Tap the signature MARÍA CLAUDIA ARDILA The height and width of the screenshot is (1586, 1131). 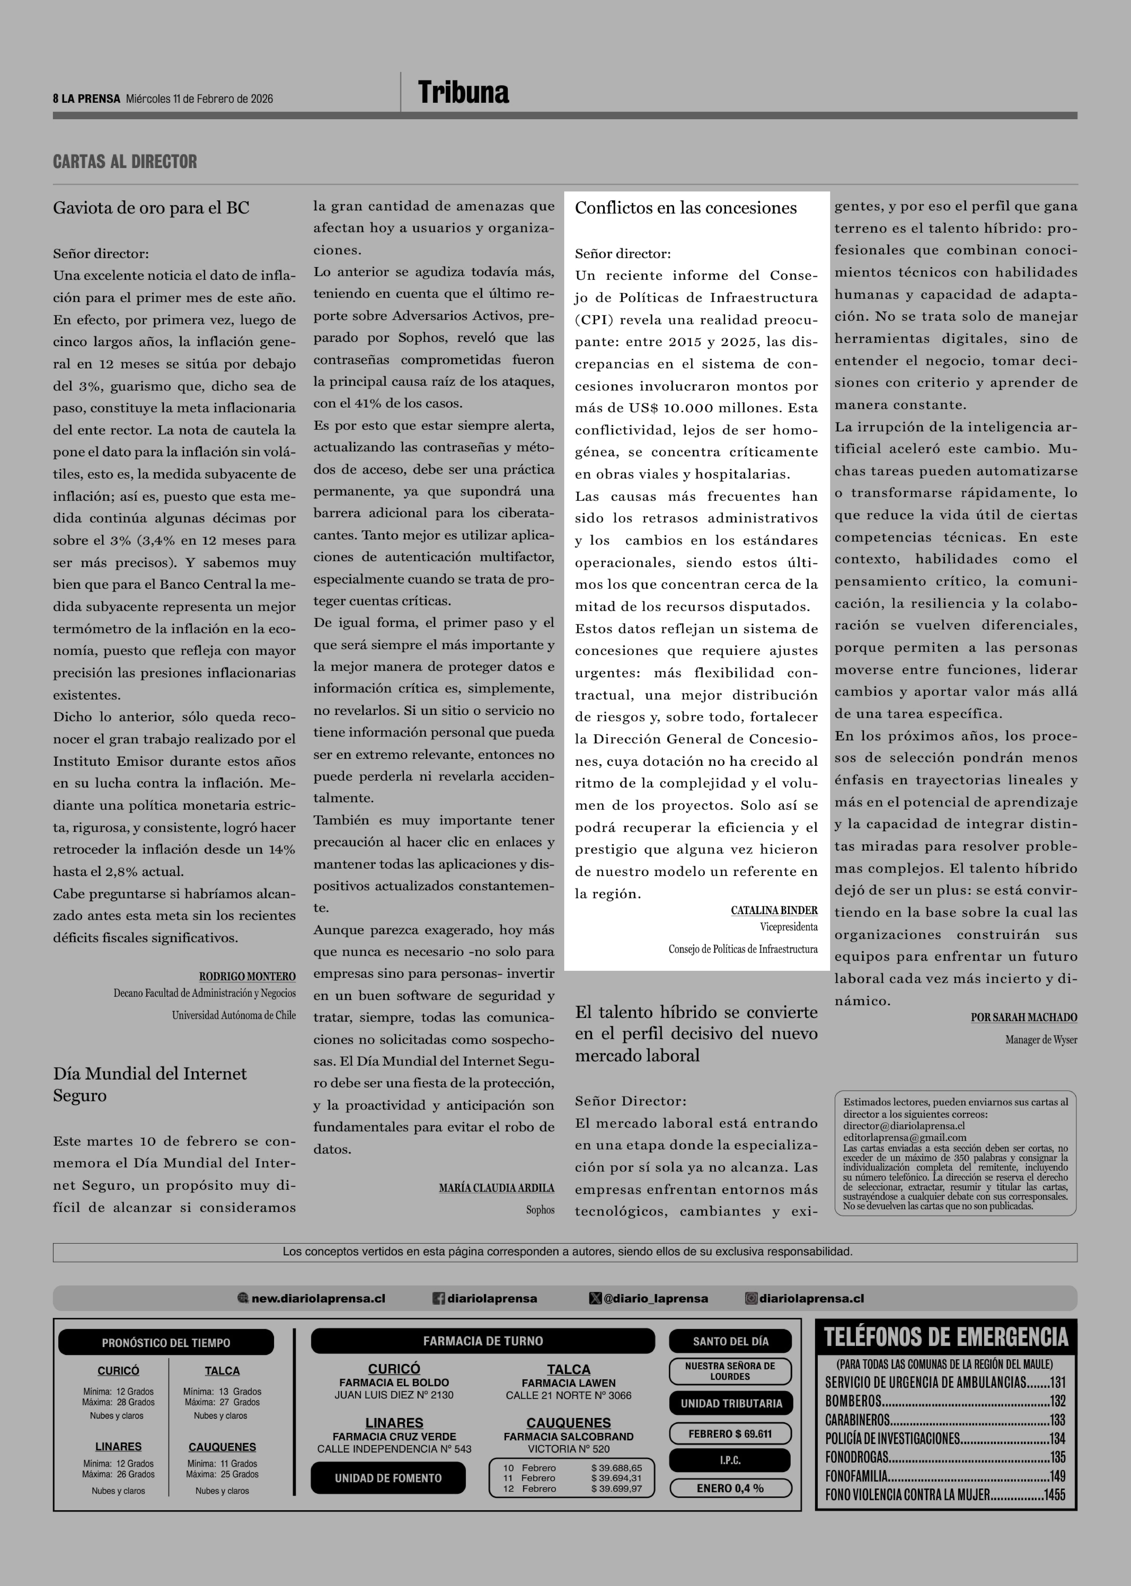click(x=497, y=1188)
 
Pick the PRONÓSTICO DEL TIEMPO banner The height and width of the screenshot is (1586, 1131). click(x=166, y=1342)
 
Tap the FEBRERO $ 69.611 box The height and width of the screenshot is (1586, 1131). click(x=730, y=1434)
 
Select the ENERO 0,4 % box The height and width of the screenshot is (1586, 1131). click(x=730, y=1488)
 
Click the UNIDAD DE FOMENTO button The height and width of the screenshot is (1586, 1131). click(x=388, y=1477)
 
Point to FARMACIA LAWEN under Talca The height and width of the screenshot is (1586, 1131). click(x=568, y=1383)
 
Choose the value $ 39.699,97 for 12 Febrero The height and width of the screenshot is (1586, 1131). click(x=616, y=1488)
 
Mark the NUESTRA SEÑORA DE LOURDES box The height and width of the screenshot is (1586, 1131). click(x=730, y=1371)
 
